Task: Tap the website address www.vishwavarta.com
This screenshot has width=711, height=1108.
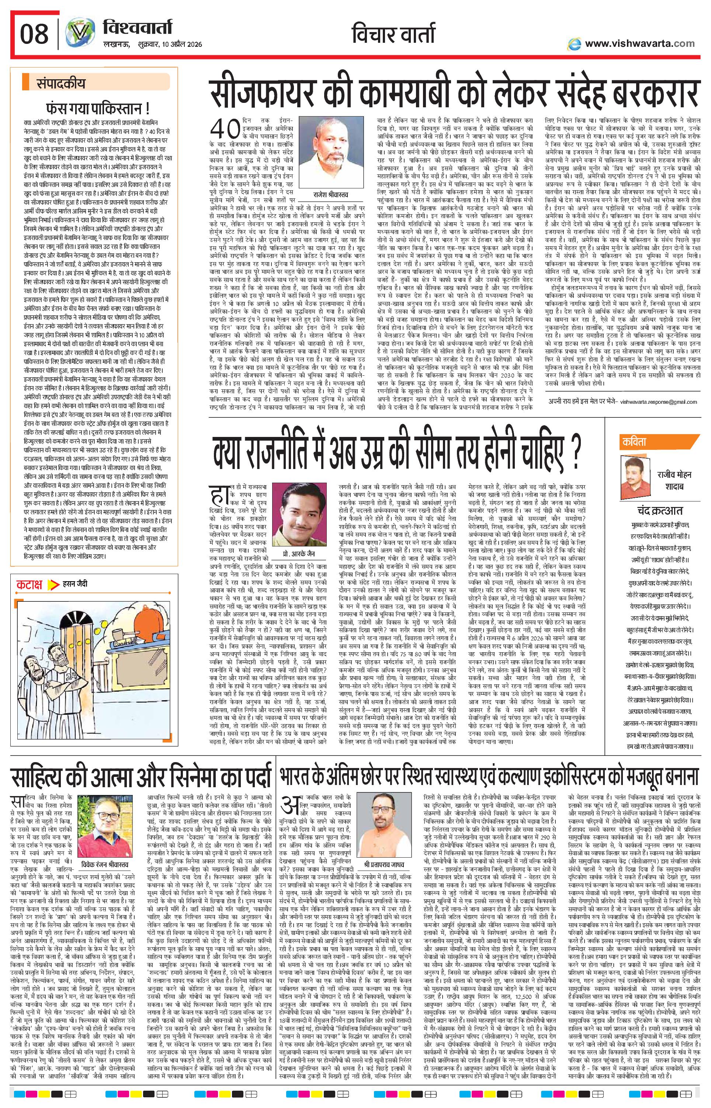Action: coord(639,44)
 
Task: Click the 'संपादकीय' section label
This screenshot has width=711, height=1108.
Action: coord(62,84)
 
